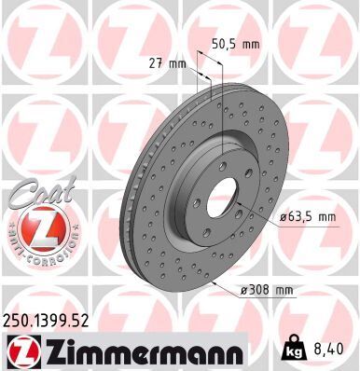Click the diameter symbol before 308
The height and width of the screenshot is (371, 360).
242,289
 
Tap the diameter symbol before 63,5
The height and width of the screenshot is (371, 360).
281,217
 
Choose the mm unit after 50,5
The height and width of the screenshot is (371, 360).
251,43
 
